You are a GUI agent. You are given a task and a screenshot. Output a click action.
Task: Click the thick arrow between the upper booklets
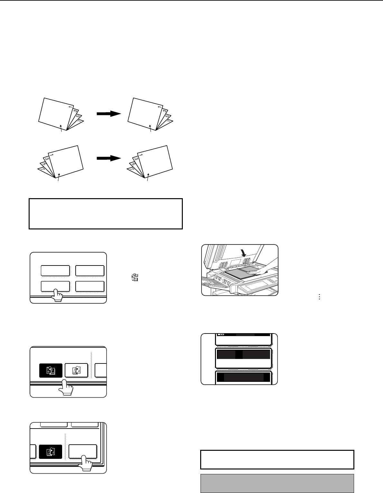pyautogui.click(x=109, y=113)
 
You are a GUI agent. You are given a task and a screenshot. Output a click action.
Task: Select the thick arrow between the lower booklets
pyautogui.click(x=109, y=158)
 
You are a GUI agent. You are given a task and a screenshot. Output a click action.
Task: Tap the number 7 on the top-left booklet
pyautogui.click(x=79, y=121)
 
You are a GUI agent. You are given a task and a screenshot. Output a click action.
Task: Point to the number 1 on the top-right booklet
pyautogui.click(x=160, y=107)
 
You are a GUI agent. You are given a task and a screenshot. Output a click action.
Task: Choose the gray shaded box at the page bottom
pyautogui.click(x=277, y=483)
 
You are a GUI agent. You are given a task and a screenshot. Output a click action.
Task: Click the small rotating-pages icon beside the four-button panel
pyautogui.click(x=135, y=277)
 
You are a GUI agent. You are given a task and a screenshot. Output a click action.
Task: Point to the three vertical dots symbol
pyautogui.click(x=319, y=297)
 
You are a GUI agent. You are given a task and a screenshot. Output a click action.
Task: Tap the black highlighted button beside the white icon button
pyautogui.click(x=51, y=371)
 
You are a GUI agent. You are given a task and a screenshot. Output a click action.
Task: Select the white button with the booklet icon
pyautogui.click(x=76, y=371)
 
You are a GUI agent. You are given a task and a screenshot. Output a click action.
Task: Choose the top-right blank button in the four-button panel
pyautogui.click(x=90, y=271)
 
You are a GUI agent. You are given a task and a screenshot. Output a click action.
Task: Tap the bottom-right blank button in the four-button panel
pyautogui.click(x=90, y=286)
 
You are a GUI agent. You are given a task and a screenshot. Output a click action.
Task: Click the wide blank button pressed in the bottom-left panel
pyautogui.click(x=83, y=451)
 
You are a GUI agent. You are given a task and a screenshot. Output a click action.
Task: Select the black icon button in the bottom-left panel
pyautogui.click(x=51, y=452)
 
